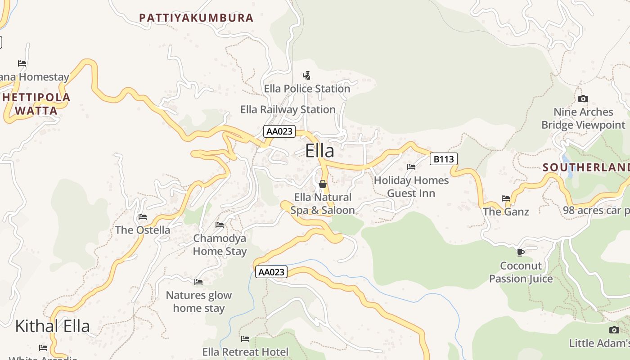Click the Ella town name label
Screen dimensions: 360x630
[319, 151]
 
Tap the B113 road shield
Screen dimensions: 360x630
[443, 159]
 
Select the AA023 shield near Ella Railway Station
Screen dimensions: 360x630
[279, 131]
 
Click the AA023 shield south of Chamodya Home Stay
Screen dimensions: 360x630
[271, 272]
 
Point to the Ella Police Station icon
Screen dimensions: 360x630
[307, 75]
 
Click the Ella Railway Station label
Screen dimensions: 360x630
[288, 109]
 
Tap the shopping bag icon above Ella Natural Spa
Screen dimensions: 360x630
[322, 184]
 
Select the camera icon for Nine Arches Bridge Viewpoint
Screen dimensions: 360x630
[583, 99]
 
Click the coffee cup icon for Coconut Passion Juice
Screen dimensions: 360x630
[521, 252]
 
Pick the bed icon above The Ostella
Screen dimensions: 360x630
[143, 217]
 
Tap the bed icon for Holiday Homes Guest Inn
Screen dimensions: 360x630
[411, 167]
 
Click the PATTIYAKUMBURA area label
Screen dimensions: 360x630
[196, 18]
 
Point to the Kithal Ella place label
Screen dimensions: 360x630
[53, 326]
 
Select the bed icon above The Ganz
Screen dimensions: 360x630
[506, 198]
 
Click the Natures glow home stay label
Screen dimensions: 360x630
[199, 302]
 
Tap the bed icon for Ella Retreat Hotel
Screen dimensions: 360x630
[245, 338]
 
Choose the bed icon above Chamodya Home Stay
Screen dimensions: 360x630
[220, 225]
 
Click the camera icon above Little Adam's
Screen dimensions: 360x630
[614, 330]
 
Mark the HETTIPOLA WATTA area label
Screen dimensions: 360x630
[36, 104]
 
